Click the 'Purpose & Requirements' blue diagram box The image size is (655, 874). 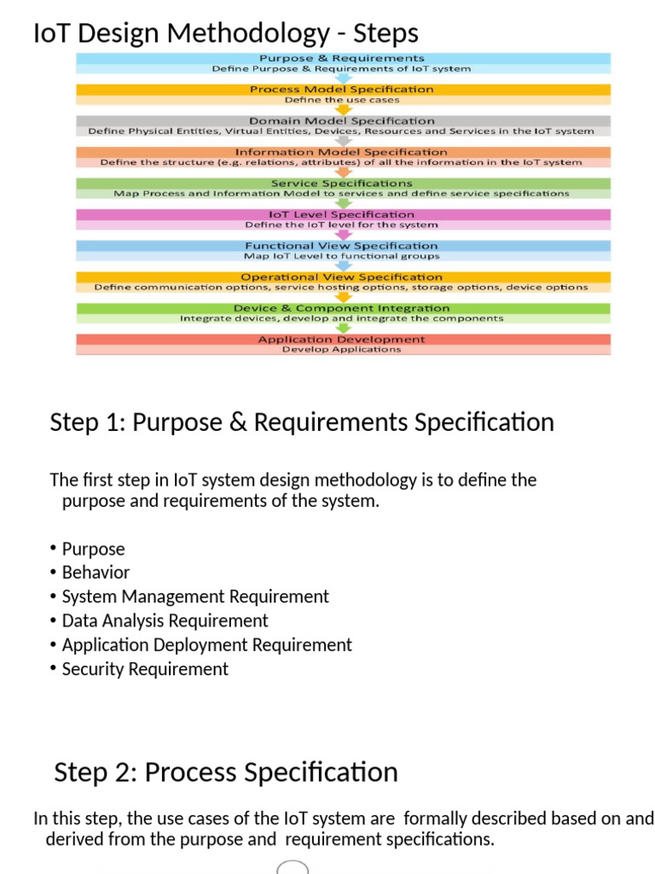pyautogui.click(x=342, y=59)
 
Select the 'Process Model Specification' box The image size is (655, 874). pyautogui.click(x=342, y=90)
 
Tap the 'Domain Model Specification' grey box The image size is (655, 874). pyautogui.click(x=342, y=121)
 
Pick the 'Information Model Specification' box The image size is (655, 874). pyautogui.click(x=342, y=152)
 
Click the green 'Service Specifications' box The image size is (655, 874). pyautogui.click(x=342, y=184)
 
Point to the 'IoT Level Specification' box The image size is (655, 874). pyautogui.click(x=342, y=215)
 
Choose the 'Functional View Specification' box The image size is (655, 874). pyautogui.click(x=342, y=246)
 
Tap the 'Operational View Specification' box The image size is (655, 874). pyautogui.click(x=342, y=277)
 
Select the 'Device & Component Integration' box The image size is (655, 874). pyautogui.click(x=342, y=308)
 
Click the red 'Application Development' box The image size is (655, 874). pyautogui.click(x=342, y=340)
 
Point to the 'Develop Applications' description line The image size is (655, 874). pyautogui.click(x=342, y=350)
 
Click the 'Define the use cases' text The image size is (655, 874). pyautogui.click(x=342, y=100)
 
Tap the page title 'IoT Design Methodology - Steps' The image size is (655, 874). pyautogui.click(x=225, y=33)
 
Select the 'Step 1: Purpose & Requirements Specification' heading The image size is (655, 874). pyautogui.click(x=302, y=422)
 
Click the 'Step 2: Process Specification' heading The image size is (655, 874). pyautogui.click(x=226, y=772)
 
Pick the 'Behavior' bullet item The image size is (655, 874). pyautogui.click(x=96, y=573)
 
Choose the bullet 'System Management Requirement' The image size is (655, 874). pyautogui.click(x=195, y=597)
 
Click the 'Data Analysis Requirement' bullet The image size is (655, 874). pyautogui.click(x=165, y=621)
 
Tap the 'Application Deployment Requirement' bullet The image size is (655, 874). pyautogui.click(x=206, y=644)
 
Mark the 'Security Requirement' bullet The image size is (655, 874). pyautogui.click(x=145, y=669)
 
